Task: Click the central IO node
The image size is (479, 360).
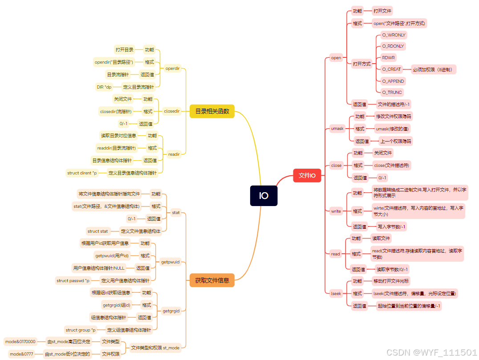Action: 264,196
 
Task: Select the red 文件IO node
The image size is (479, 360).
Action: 307,175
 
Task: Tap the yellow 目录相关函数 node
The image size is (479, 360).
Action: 212,111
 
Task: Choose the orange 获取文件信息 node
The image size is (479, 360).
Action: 212,280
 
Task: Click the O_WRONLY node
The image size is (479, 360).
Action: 394,35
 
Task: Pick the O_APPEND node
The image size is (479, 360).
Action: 393,81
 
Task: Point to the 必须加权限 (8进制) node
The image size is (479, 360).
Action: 434,69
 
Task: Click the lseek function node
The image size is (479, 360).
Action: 336,293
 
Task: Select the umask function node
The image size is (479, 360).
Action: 337,129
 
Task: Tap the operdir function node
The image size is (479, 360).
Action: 172,69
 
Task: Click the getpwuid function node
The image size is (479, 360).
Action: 170,262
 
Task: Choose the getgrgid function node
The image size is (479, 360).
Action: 171,311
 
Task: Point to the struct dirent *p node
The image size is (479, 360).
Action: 82,173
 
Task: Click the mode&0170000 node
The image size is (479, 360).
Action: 20,341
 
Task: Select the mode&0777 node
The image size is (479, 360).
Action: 21,354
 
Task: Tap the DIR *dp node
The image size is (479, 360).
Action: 104,87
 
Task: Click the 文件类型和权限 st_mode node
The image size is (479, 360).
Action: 155,347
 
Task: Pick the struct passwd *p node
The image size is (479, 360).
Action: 73,280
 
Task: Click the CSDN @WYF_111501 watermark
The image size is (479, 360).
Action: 431,352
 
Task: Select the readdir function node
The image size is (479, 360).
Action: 174,154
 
